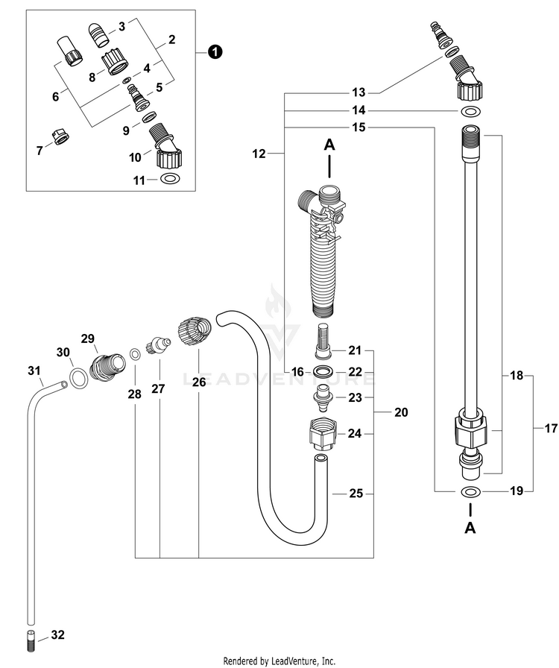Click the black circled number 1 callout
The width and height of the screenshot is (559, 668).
pos(215,52)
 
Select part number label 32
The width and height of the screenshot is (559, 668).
pos(57,634)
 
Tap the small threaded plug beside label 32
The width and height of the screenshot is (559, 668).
pos(31,640)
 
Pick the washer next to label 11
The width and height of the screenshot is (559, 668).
pos(171,180)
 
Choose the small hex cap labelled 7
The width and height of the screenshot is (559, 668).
pos(60,136)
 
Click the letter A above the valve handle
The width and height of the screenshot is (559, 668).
pos(329,145)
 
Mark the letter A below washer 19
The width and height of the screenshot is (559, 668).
pos(470,528)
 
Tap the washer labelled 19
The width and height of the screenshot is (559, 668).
pos(470,493)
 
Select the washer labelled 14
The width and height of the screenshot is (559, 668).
pos(470,112)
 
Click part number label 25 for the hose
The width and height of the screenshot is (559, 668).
pos(356,494)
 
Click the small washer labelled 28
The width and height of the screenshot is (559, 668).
pos(135,353)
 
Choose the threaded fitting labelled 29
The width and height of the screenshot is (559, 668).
pos(108,366)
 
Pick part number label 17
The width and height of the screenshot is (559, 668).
pos(551,427)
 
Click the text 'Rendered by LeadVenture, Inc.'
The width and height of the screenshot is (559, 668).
pos(279,661)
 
